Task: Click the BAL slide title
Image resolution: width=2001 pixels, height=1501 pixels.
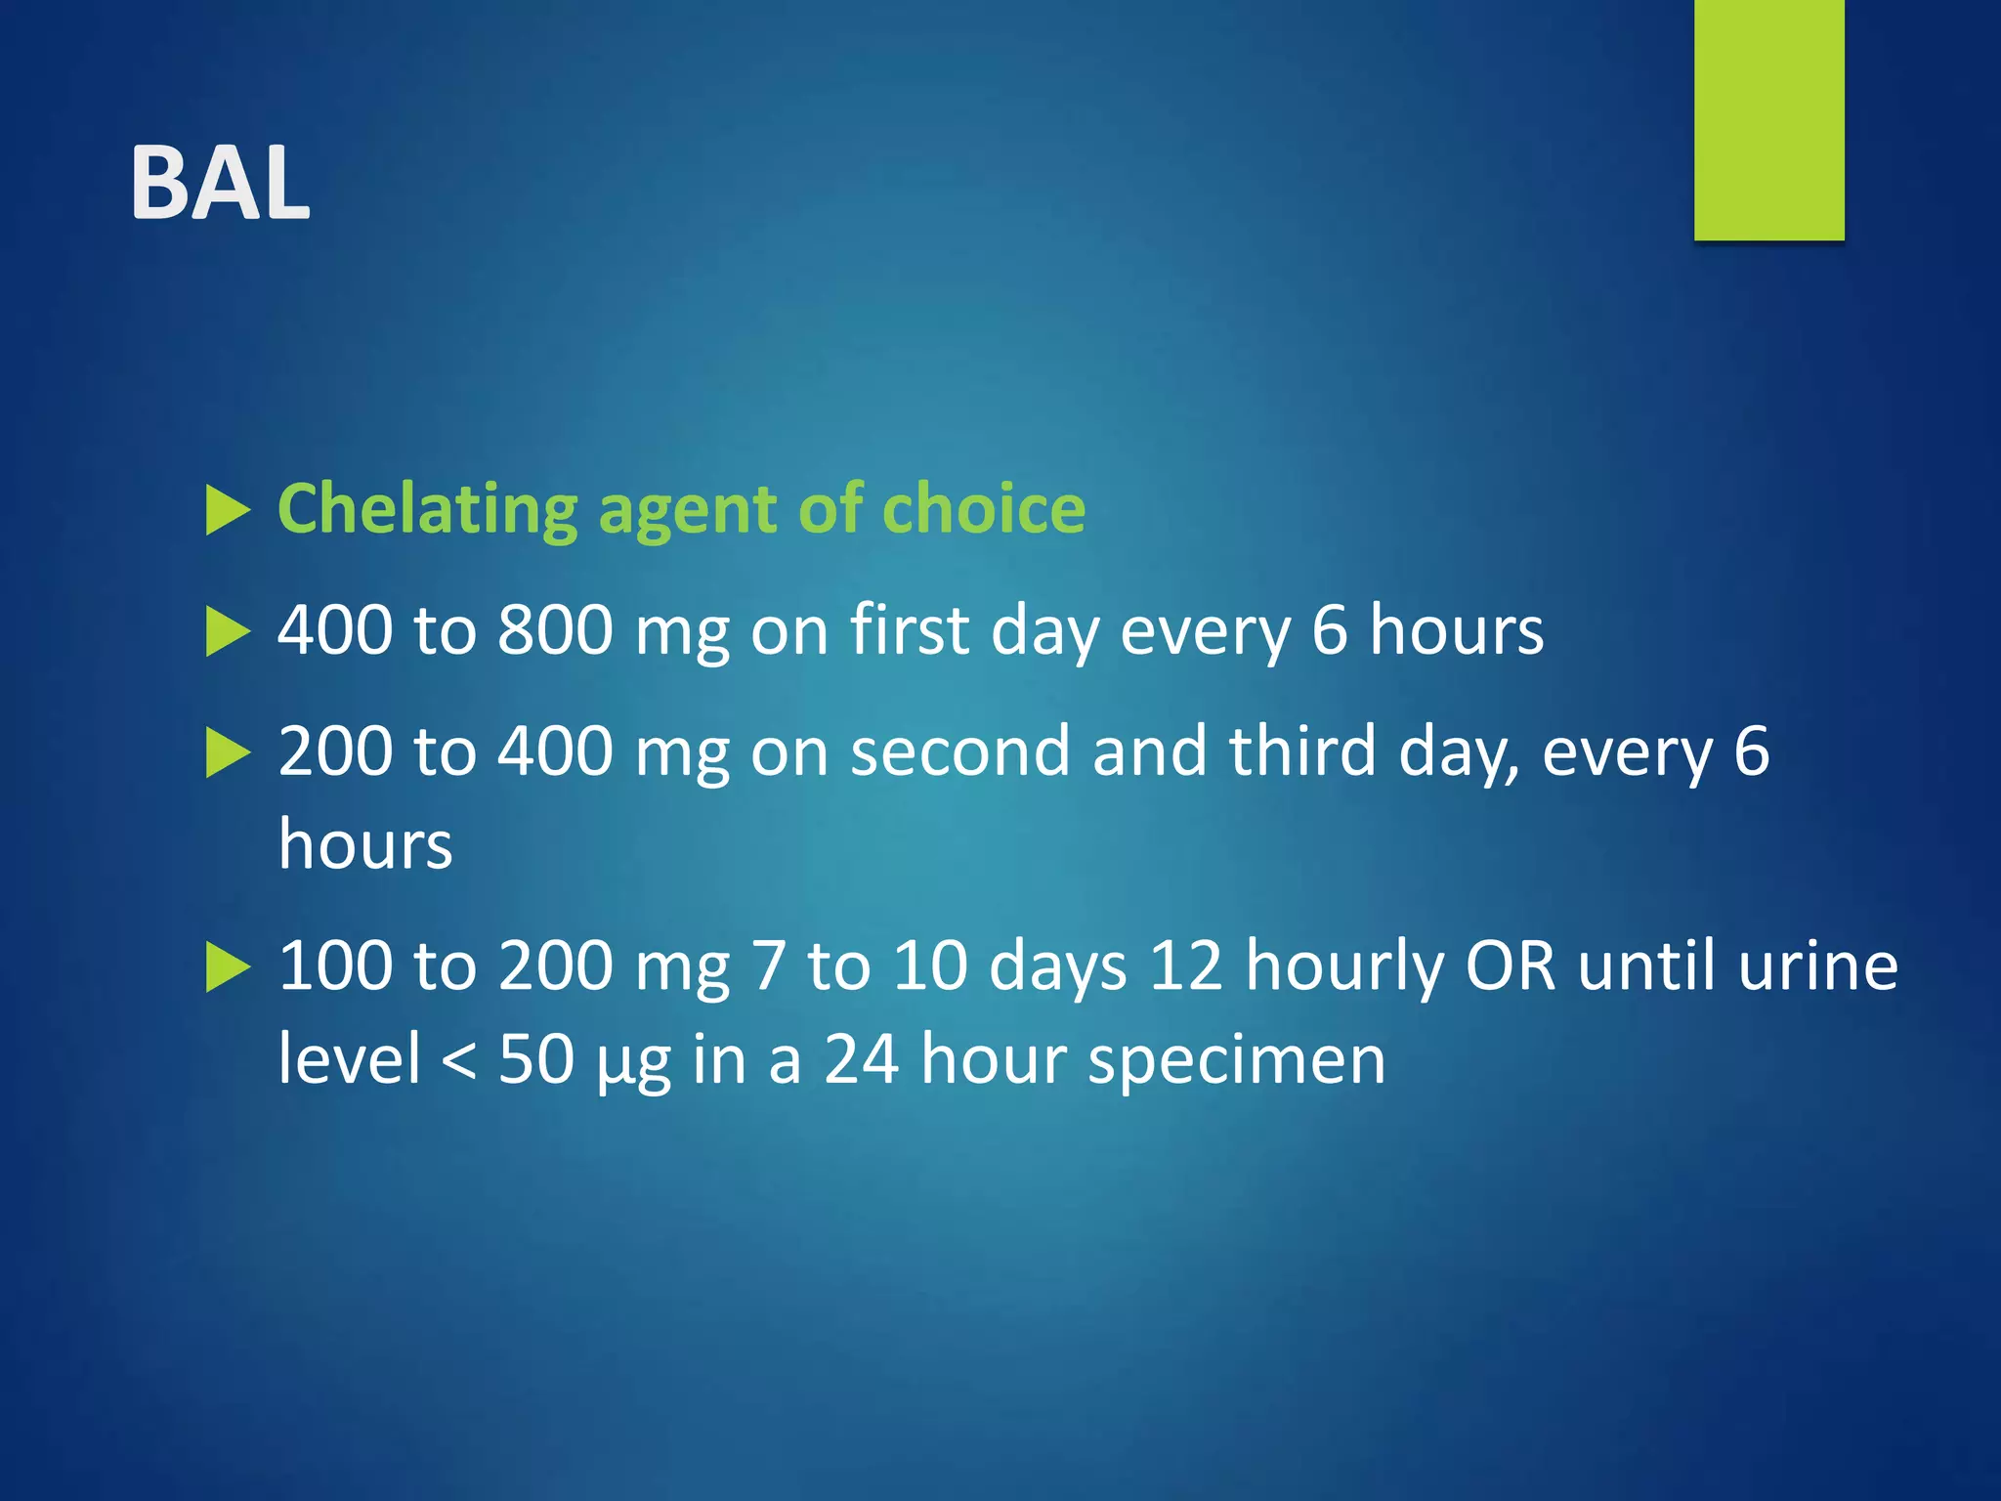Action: tap(221, 183)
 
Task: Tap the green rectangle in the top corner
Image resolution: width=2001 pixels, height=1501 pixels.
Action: tap(1768, 119)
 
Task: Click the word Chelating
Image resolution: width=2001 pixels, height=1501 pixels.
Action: tap(428, 509)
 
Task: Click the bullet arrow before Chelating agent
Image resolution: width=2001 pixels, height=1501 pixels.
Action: tap(228, 511)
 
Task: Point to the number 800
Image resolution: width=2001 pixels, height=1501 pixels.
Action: tap(555, 630)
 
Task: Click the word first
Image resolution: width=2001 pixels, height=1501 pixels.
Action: tap(909, 630)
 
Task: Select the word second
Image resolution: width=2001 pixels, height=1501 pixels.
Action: tap(959, 751)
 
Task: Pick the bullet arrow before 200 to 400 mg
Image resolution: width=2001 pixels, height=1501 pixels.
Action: tap(228, 754)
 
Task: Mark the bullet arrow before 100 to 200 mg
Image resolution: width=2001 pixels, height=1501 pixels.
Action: tap(228, 969)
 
